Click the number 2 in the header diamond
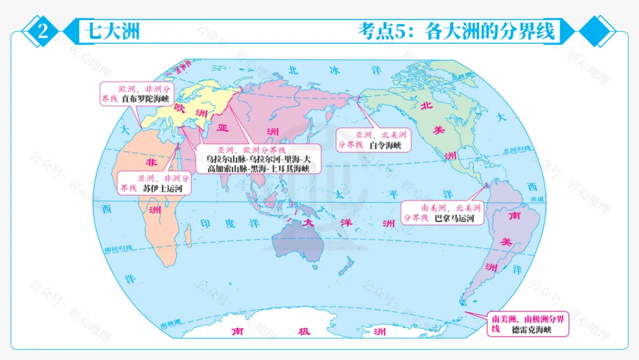coord(43,31)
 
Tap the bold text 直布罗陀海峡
coord(145,99)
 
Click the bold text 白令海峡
coord(385,145)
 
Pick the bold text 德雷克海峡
coord(531,329)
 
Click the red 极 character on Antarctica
coord(304,332)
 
